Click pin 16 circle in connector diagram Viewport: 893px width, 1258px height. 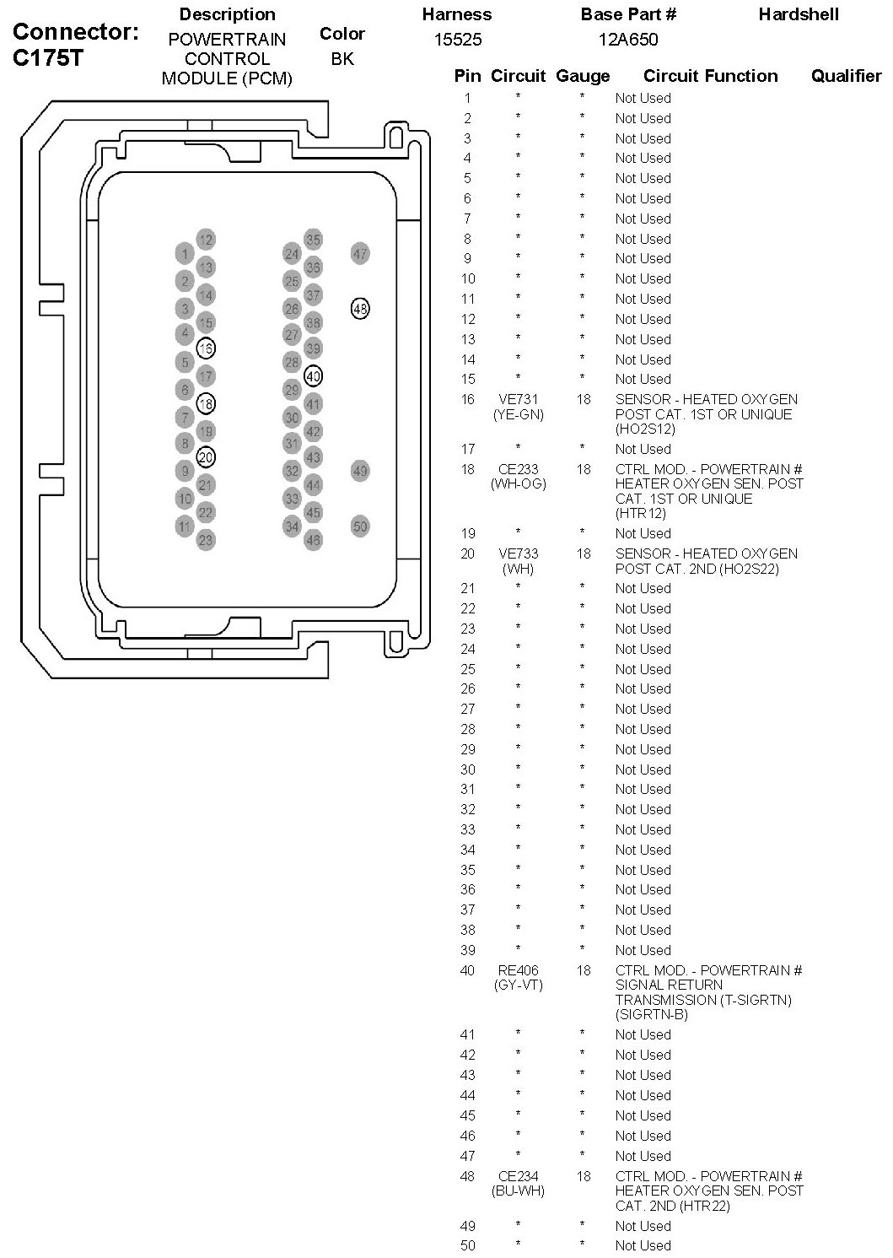pos(206,348)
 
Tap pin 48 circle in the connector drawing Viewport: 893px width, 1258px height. pos(360,309)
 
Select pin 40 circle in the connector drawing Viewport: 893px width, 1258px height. pos(313,375)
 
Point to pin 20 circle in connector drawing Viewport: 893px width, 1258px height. pos(206,457)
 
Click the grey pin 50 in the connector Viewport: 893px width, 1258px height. pos(360,526)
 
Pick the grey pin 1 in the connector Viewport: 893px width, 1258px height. pos(185,253)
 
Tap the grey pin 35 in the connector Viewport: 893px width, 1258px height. pos(313,240)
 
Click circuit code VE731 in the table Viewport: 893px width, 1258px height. pos(518,399)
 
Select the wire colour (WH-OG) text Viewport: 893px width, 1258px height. pos(518,484)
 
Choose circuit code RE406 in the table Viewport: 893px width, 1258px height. pos(518,970)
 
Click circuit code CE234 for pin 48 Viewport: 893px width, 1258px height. pos(518,1176)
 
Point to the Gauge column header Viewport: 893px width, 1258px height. pos(583,76)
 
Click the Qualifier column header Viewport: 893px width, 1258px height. pos(846,76)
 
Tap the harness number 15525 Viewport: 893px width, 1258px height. pos(458,40)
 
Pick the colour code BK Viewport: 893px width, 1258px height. pos(342,59)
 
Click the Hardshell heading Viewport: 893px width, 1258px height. pos(799,14)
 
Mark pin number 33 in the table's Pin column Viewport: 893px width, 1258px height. pos(468,829)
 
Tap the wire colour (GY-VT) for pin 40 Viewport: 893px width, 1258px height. pos(518,985)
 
